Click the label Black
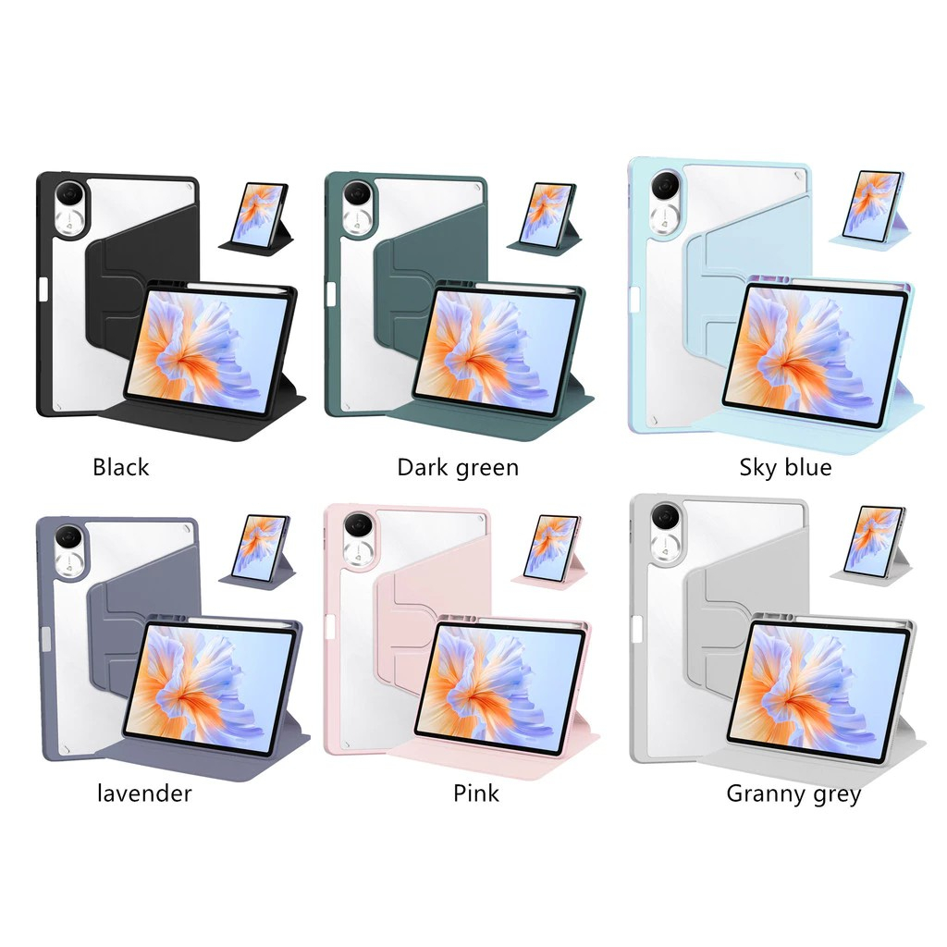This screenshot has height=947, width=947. (120, 467)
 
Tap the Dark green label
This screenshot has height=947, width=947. (458, 467)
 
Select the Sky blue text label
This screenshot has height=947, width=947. (785, 467)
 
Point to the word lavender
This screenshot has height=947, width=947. (144, 793)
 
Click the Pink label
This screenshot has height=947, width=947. (476, 793)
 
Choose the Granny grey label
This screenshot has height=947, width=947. (793, 793)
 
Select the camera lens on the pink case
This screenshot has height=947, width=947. (356, 527)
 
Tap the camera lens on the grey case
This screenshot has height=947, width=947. (663, 515)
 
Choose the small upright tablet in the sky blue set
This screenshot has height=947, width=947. (873, 203)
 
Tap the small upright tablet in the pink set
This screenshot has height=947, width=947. (551, 547)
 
